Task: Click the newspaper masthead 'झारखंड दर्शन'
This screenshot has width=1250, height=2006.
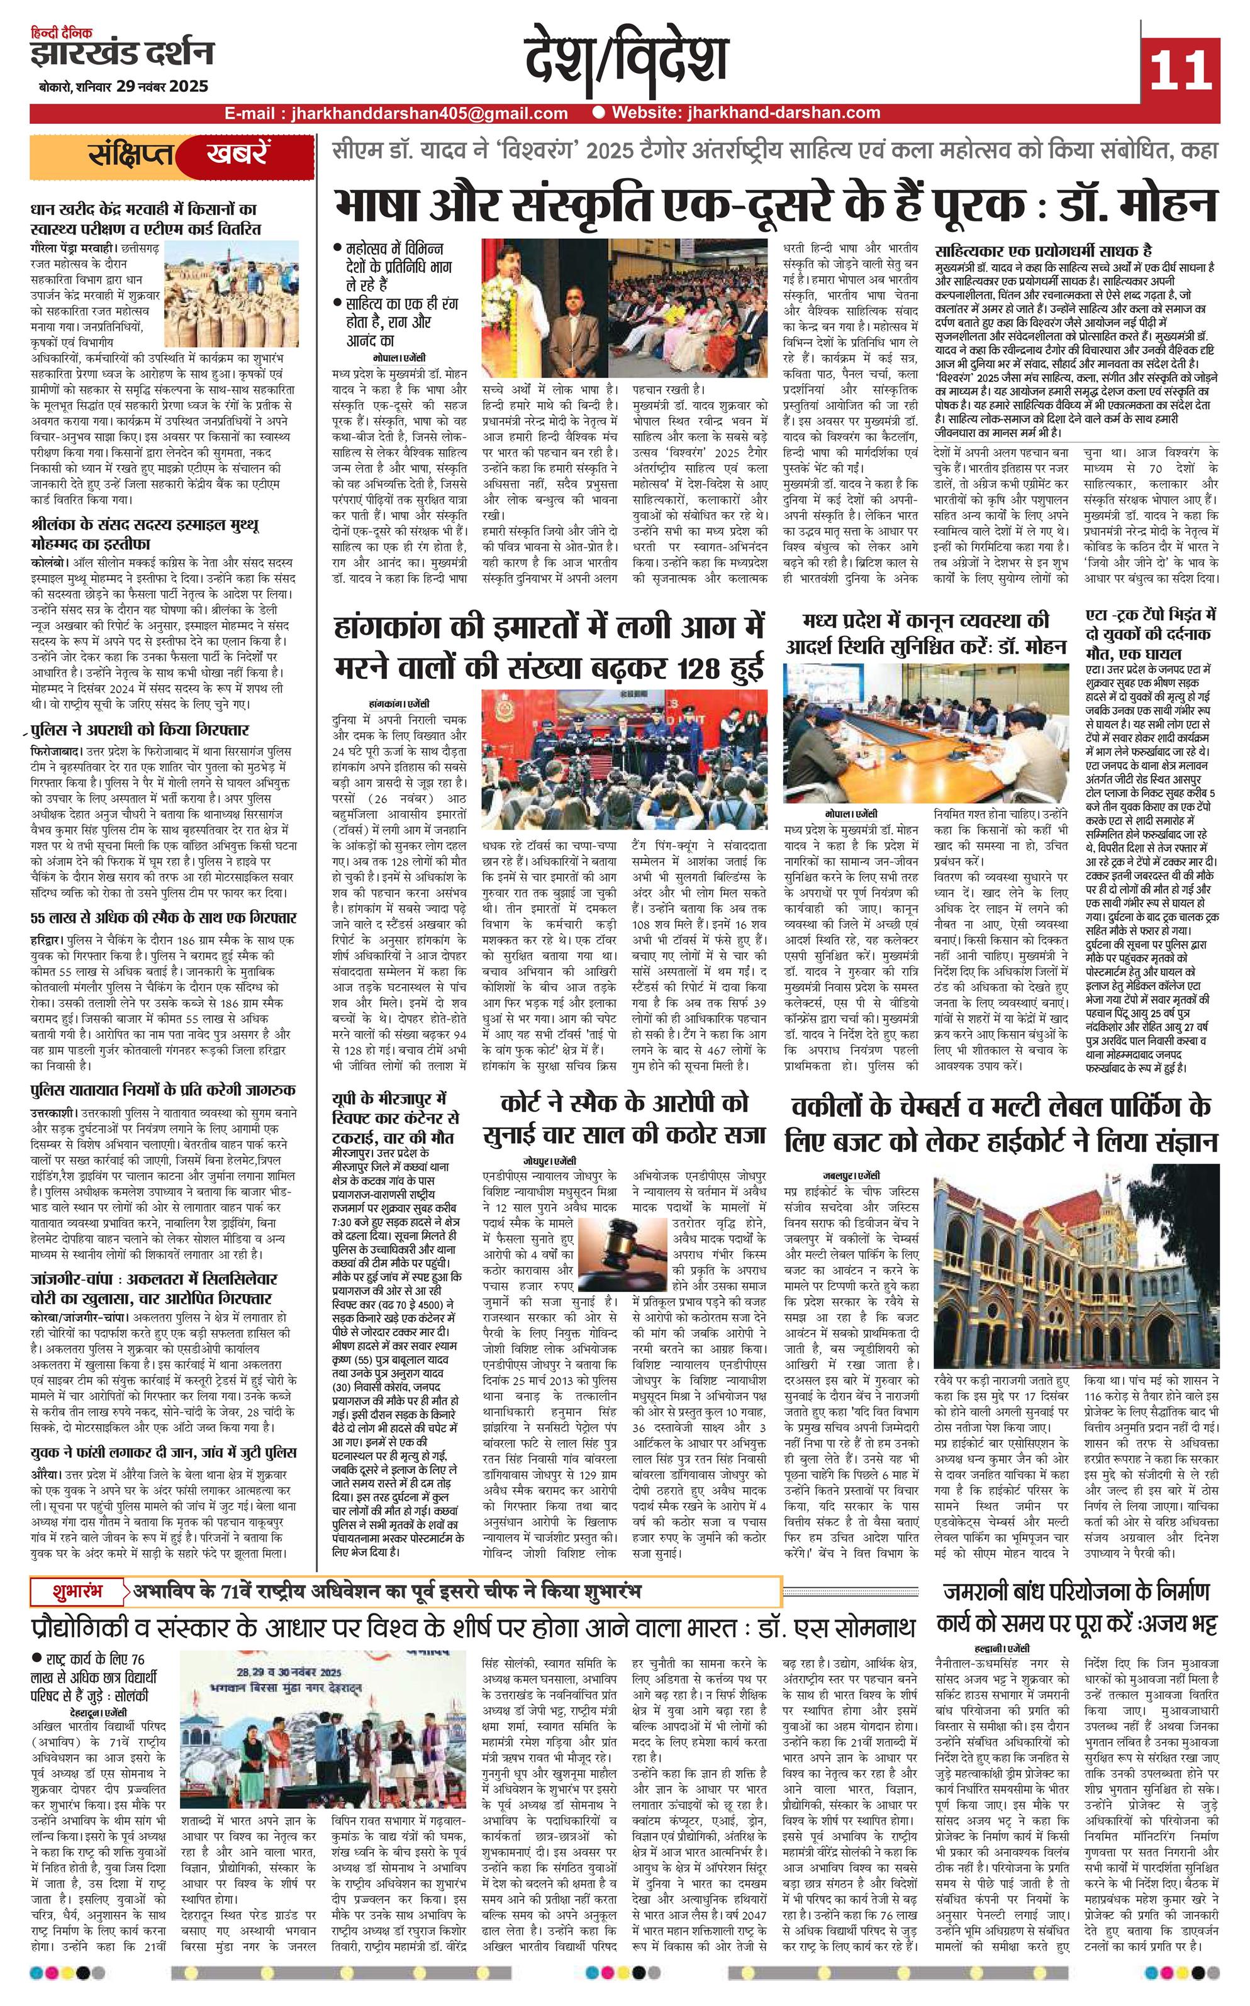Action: tap(121, 55)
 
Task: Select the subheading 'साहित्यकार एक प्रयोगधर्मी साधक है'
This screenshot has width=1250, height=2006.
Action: tap(1043, 250)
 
